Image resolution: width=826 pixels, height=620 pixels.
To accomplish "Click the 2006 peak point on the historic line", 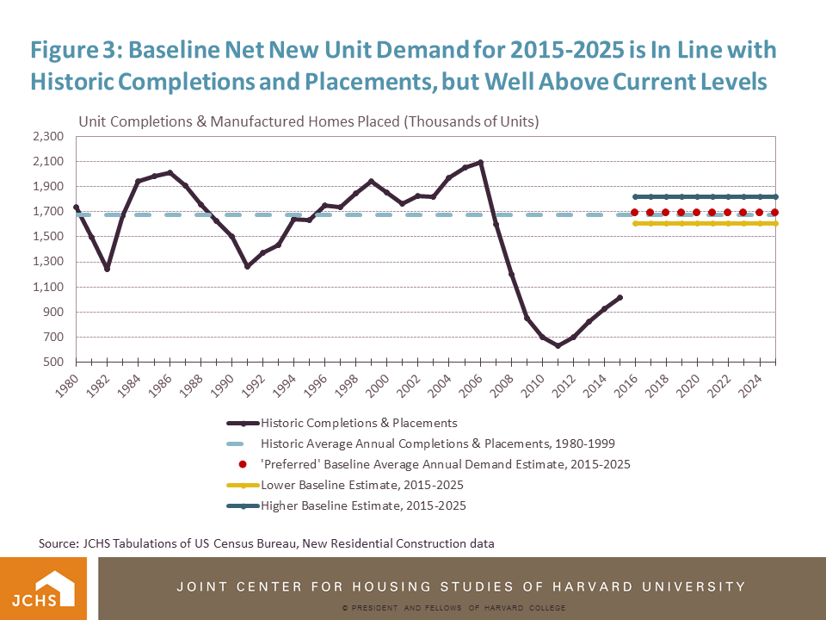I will (480, 162).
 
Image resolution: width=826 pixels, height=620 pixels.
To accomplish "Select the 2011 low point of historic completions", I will (558, 346).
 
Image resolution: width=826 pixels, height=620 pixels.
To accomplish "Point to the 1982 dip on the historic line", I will (107, 269).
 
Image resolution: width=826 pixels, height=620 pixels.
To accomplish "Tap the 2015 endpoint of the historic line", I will (619, 297).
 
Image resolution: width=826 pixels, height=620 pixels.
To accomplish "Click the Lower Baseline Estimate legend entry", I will (362, 485).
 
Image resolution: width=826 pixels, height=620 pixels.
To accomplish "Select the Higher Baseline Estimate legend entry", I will (363, 505).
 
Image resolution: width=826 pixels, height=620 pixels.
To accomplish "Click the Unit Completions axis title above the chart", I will (308, 121).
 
